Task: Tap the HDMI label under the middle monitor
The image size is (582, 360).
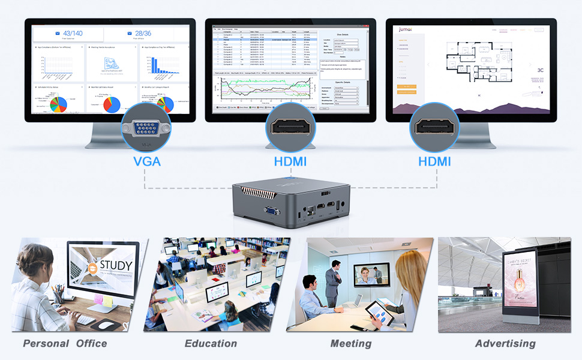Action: click(x=290, y=162)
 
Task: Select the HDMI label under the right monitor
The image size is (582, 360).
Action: click(x=435, y=162)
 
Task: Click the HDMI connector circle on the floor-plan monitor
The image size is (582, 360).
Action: click(x=435, y=127)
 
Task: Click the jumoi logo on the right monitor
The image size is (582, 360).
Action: click(x=405, y=29)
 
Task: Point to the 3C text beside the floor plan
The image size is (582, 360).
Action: click(x=540, y=70)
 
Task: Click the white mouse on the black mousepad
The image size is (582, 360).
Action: click(x=107, y=324)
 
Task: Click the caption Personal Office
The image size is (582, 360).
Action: click(x=65, y=344)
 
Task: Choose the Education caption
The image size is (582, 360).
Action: click(x=211, y=344)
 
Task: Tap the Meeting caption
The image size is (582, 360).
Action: click(x=350, y=344)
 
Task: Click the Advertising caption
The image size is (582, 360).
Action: click(x=505, y=344)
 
